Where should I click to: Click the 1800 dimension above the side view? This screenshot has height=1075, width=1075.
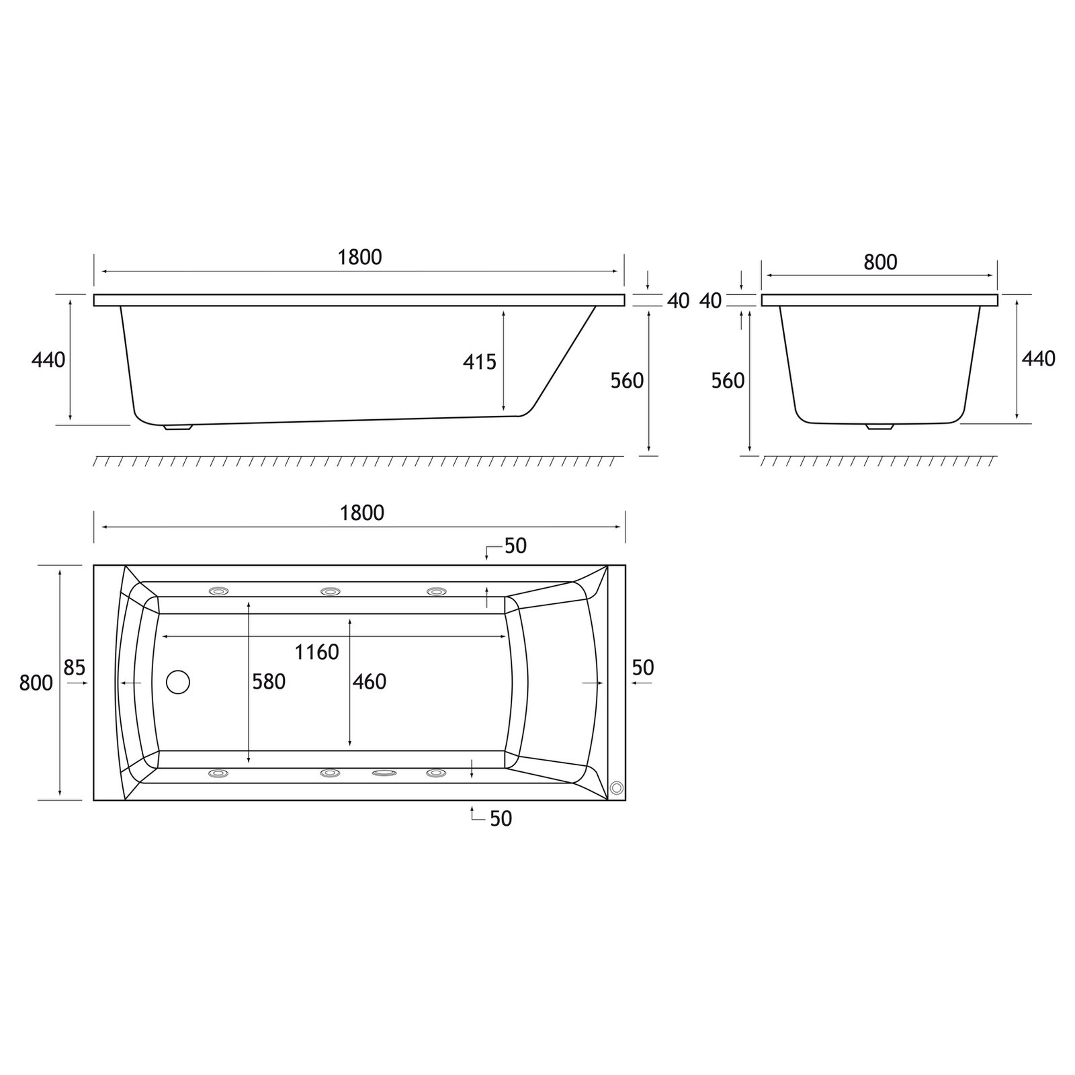point(359,257)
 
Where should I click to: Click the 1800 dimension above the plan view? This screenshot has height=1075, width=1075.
point(362,513)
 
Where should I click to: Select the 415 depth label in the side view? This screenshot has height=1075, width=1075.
point(479,362)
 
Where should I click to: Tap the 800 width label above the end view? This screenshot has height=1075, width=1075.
point(880,262)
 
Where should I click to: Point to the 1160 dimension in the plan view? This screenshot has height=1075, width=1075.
point(316,652)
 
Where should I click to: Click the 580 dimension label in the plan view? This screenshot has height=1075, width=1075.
point(269,682)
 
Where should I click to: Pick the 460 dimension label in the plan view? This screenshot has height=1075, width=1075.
point(370,682)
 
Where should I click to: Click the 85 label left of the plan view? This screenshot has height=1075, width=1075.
point(75,668)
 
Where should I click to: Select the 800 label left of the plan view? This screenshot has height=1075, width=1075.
point(36,683)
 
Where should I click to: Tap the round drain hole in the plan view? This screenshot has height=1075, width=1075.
point(178,682)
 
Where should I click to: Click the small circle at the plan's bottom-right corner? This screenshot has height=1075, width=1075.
point(616,789)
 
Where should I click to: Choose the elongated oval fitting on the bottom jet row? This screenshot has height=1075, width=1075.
point(384,773)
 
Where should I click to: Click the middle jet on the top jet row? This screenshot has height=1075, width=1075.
point(330,591)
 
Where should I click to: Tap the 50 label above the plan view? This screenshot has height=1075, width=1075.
point(515,546)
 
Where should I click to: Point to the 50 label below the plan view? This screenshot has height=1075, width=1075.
point(501,818)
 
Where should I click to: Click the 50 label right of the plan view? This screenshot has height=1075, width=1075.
point(643,668)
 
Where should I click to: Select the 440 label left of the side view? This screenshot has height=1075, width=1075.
point(48,360)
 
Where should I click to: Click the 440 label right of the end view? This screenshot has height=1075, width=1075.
point(1038,359)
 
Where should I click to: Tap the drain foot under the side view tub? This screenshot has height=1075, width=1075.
point(178,426)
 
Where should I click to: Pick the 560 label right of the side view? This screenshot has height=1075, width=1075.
point(627,381)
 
